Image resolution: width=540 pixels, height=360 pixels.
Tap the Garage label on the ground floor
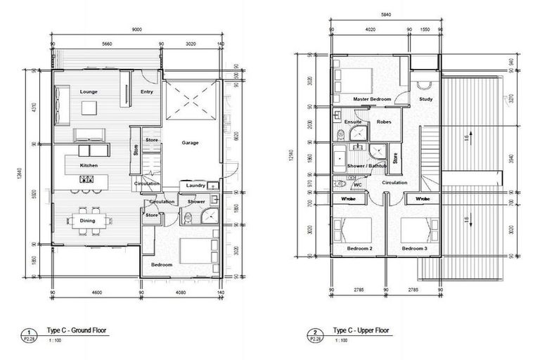point(190,143)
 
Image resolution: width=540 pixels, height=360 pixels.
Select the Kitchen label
point(88,165)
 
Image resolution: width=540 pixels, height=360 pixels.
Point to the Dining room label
point(88,221)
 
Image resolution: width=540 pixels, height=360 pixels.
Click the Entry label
point(147,92)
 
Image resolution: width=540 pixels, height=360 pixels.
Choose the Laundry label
point(196,186)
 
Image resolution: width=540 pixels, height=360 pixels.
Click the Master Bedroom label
point(371,99)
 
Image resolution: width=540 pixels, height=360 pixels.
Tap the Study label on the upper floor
point(425,99)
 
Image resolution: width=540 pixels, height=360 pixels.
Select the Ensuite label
point(353,122)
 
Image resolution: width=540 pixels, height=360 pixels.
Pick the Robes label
point(384,122)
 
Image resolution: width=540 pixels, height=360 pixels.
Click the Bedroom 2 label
point(360,249)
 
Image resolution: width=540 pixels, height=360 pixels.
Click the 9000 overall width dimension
point(137,30)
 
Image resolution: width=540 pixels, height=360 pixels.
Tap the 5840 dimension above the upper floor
point(385,15)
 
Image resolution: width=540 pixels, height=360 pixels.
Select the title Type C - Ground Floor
point(78,329)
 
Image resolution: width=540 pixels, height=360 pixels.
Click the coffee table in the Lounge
point(89,108)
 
